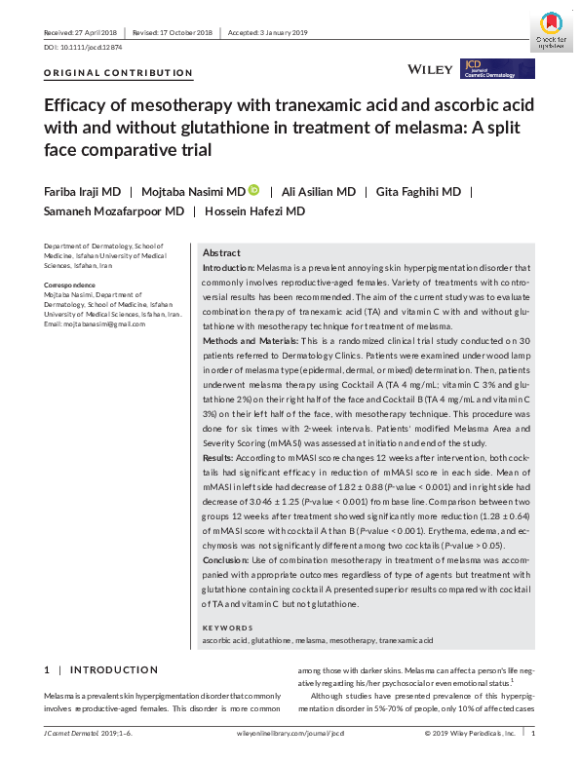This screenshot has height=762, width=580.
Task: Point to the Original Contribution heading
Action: [119, 73]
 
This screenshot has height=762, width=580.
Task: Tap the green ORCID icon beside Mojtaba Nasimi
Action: [254, 190]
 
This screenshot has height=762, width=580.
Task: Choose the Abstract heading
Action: [221, 251]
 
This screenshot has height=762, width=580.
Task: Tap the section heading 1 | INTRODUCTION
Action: [100, 670]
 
